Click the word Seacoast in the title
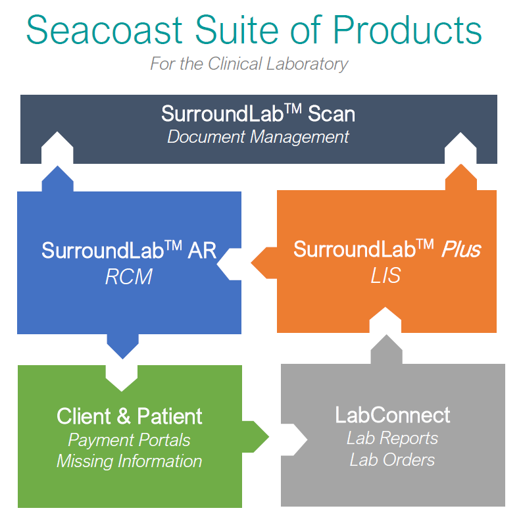coord(104,30)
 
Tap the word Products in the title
coord(407,30)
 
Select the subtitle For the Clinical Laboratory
coord(249,64)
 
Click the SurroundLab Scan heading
coord(258,113)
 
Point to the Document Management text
coord(258,137)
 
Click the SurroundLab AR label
coord(129,250)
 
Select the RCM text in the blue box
coord(129,276)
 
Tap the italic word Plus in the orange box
coord(461,249)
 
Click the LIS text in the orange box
coord(385,275)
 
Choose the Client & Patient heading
coord(130,416)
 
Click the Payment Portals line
coord(130,440)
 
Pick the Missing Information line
coord(130,461)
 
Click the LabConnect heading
coord(392,414)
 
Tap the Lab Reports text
coord(392,438)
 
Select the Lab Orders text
coord(392,459)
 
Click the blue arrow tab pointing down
coord(123,346)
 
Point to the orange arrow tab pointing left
coord(264,263)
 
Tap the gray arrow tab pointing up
coord(387,349)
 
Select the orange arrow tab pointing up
coord(461,178)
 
